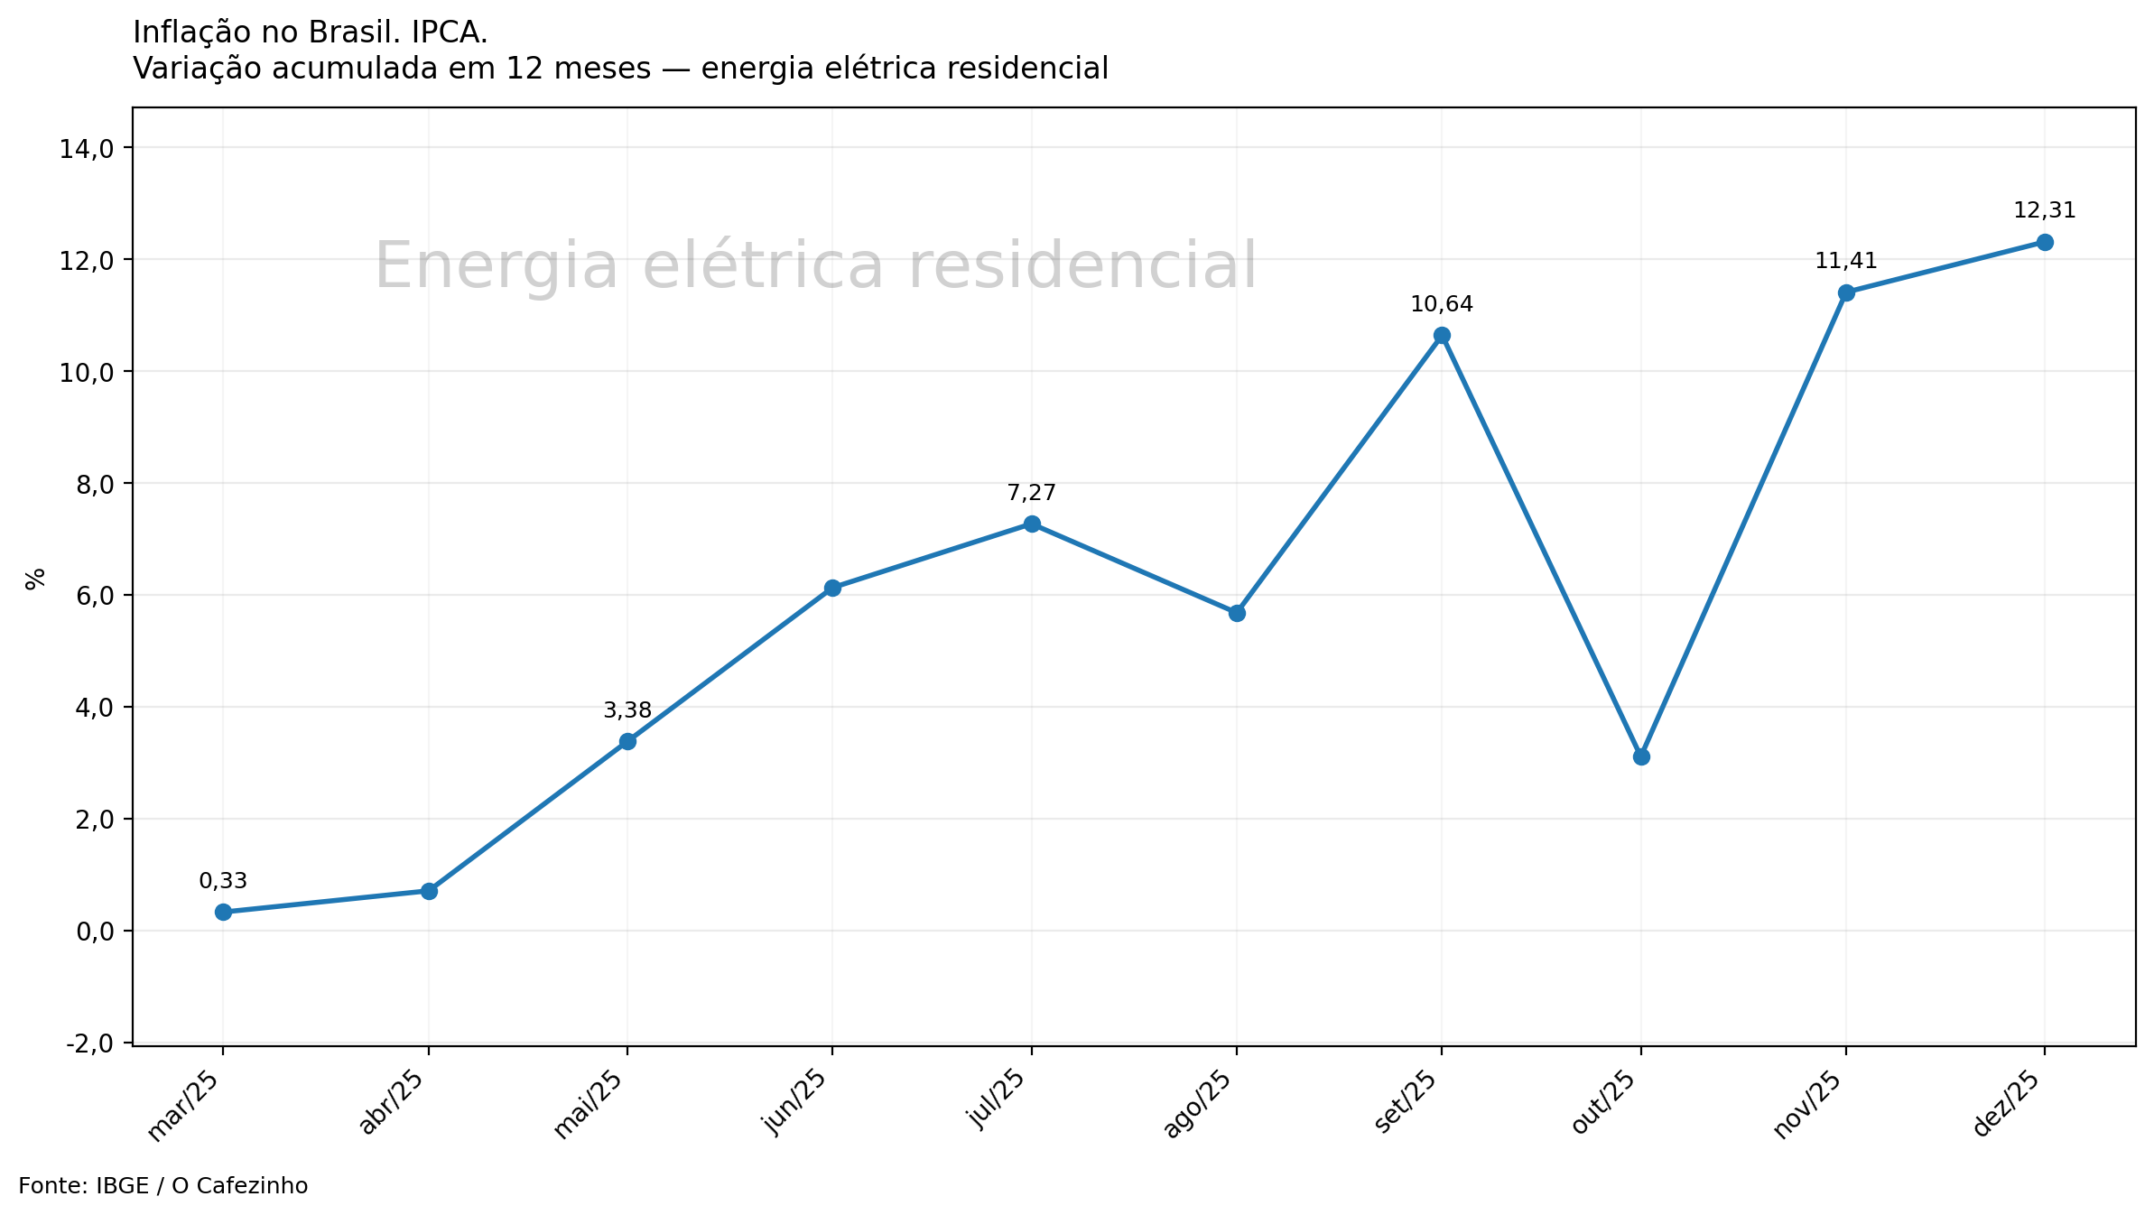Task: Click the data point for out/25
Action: coord(1641,756)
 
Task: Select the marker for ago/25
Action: coord(1237,613)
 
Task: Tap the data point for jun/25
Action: coord(832,588)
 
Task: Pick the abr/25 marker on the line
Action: coord(429,891)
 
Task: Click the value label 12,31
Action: coord(2045,211)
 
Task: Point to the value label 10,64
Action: coord(1442,305)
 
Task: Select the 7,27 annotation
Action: coord(1031,494)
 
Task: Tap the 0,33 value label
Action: coord(223,882)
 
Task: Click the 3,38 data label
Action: coord(627,711)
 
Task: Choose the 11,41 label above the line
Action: coord(1846,262)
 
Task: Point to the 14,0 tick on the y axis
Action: coord(86,149)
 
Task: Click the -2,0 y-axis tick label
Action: coord(89,1043)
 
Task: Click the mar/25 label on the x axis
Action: coord(184,1108)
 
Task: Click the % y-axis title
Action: coord(35,579)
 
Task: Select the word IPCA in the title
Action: coord(449,32)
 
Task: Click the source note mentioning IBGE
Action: coord(162,1186)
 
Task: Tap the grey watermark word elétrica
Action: coord(763,266)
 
